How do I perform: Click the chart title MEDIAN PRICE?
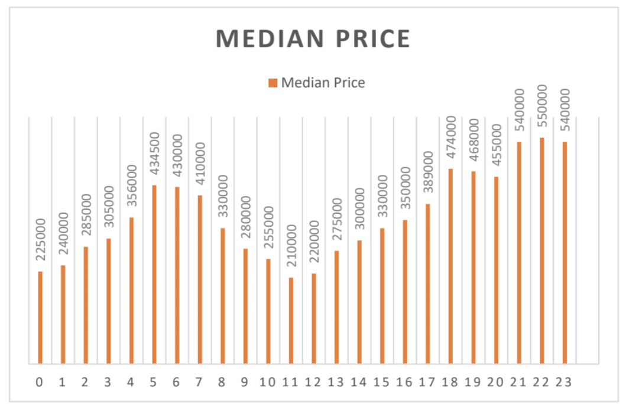(313, 39)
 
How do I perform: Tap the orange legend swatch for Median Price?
(273, 83)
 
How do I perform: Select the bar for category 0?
(40, 317)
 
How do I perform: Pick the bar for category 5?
(154, 275)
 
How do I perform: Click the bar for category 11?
(291, 321)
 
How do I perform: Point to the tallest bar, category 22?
(542, 251)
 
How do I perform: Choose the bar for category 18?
(451, 266)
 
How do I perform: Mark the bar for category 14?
(359, 302)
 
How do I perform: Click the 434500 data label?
(154, 154)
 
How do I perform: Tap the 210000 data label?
(291, 246)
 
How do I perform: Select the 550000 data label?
(542, 106)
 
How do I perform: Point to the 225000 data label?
(40, 240)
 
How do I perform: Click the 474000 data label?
(451, 137)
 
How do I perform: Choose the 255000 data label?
(268, 227)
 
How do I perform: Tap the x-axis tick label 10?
(268, 382)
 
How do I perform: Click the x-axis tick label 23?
(563, 382)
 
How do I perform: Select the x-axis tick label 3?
(108, 382)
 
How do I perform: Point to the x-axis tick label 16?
(404, 382)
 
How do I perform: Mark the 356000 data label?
(132, 186)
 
